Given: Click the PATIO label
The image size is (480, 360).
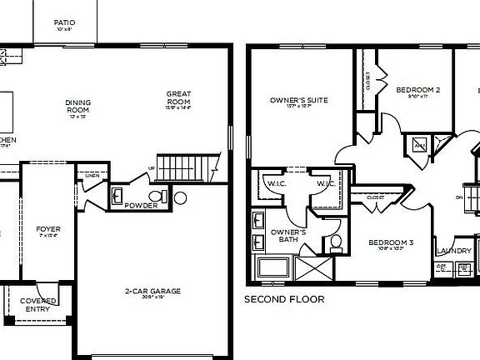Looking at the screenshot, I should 64,22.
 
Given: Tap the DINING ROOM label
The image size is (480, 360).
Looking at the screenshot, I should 78,107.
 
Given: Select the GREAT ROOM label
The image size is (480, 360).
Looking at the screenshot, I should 178,98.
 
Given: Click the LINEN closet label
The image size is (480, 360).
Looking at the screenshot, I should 91,175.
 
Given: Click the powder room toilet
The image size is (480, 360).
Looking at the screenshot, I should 163,197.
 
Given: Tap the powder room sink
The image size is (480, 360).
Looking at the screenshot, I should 117,197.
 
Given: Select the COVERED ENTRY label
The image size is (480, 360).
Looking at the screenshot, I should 37,305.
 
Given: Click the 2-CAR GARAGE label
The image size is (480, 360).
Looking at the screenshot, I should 152,291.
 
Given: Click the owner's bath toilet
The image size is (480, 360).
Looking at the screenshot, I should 336,243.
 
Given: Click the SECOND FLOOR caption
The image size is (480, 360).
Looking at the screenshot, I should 283,298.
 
